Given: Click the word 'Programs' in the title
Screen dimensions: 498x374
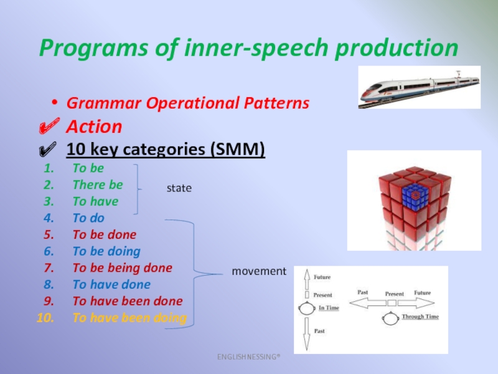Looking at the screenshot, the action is click(x=94, y=49).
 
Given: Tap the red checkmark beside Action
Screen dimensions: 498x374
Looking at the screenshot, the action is click(x=49, y=126).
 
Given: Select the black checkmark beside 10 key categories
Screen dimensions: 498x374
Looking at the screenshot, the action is click(x=48, y=149).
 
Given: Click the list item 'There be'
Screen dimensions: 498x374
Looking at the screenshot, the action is click(x=98, y=185).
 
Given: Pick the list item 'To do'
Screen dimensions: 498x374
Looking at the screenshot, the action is click(x=88, y=218).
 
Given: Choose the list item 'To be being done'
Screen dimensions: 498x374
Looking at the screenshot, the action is click(x=123, y=268).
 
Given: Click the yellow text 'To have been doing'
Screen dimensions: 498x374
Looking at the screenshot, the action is click(x=129, y=318).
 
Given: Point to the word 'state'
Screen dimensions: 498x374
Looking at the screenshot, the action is click(x=179, y=188).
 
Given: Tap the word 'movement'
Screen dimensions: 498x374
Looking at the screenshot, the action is click(x=259, y=271).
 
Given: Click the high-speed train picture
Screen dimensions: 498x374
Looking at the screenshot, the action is click(x=419, y=87).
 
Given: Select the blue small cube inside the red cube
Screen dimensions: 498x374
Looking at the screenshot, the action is click(x=414, y=196).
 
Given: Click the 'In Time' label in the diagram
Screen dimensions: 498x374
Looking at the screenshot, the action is click(x=329, y=307).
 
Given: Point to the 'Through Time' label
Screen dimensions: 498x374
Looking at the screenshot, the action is click(x=420, y=317).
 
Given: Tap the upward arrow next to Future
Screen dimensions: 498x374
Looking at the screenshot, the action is click(x=307, y=279).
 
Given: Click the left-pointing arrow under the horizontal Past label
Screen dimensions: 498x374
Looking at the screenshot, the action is click(x=367, y=303).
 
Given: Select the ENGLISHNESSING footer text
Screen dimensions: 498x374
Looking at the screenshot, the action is click(x=248, y=357).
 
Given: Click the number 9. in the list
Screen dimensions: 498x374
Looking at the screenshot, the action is click(x=49, y=301).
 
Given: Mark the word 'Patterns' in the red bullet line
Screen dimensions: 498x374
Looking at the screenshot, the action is click(x=276, y=103).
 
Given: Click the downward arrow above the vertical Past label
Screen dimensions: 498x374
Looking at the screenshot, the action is click(x=306, y=334).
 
